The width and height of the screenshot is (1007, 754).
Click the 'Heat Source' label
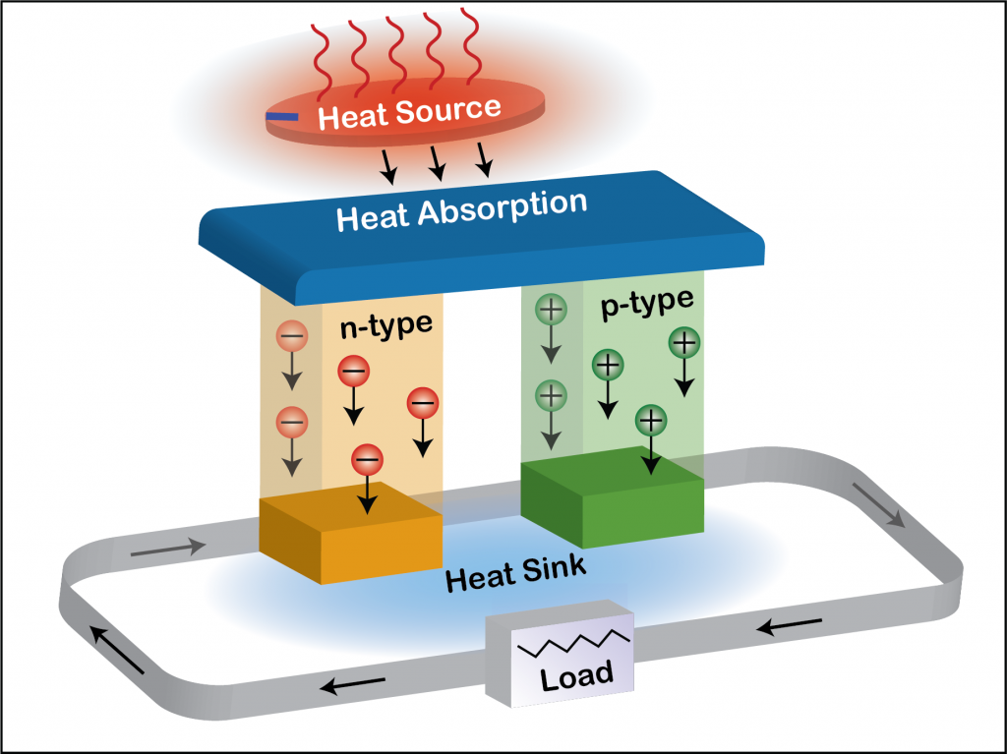point(410,112)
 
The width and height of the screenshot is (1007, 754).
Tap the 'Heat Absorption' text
point(461,210)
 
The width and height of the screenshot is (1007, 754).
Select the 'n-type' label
point(386,326)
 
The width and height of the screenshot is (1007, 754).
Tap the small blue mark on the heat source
point(282,118)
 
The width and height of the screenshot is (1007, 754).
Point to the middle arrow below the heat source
point(436,164)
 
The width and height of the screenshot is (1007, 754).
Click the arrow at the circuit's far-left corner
point(115,648)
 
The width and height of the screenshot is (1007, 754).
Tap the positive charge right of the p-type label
point(684,344)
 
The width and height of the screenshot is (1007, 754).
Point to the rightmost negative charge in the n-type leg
point(423,403)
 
